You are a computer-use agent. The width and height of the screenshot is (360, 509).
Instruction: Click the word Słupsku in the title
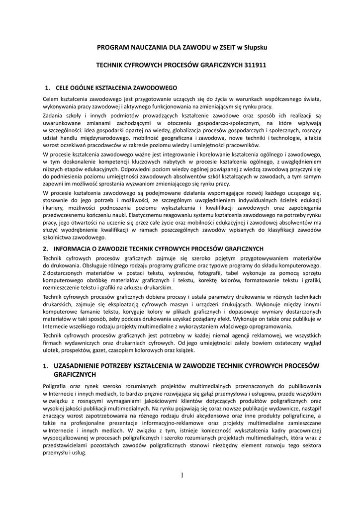(x=256, y=47)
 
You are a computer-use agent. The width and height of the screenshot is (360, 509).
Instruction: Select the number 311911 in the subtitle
(x=251, y=65)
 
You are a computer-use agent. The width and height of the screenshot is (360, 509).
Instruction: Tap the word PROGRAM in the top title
(x=112, y=47)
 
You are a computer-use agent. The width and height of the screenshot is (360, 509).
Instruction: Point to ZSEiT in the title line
(x=223, y=47)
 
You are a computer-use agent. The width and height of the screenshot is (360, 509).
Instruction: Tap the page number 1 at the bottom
(x=182, y=475)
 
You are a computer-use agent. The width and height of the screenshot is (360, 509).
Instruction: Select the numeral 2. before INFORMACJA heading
(x=45, y=248)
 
